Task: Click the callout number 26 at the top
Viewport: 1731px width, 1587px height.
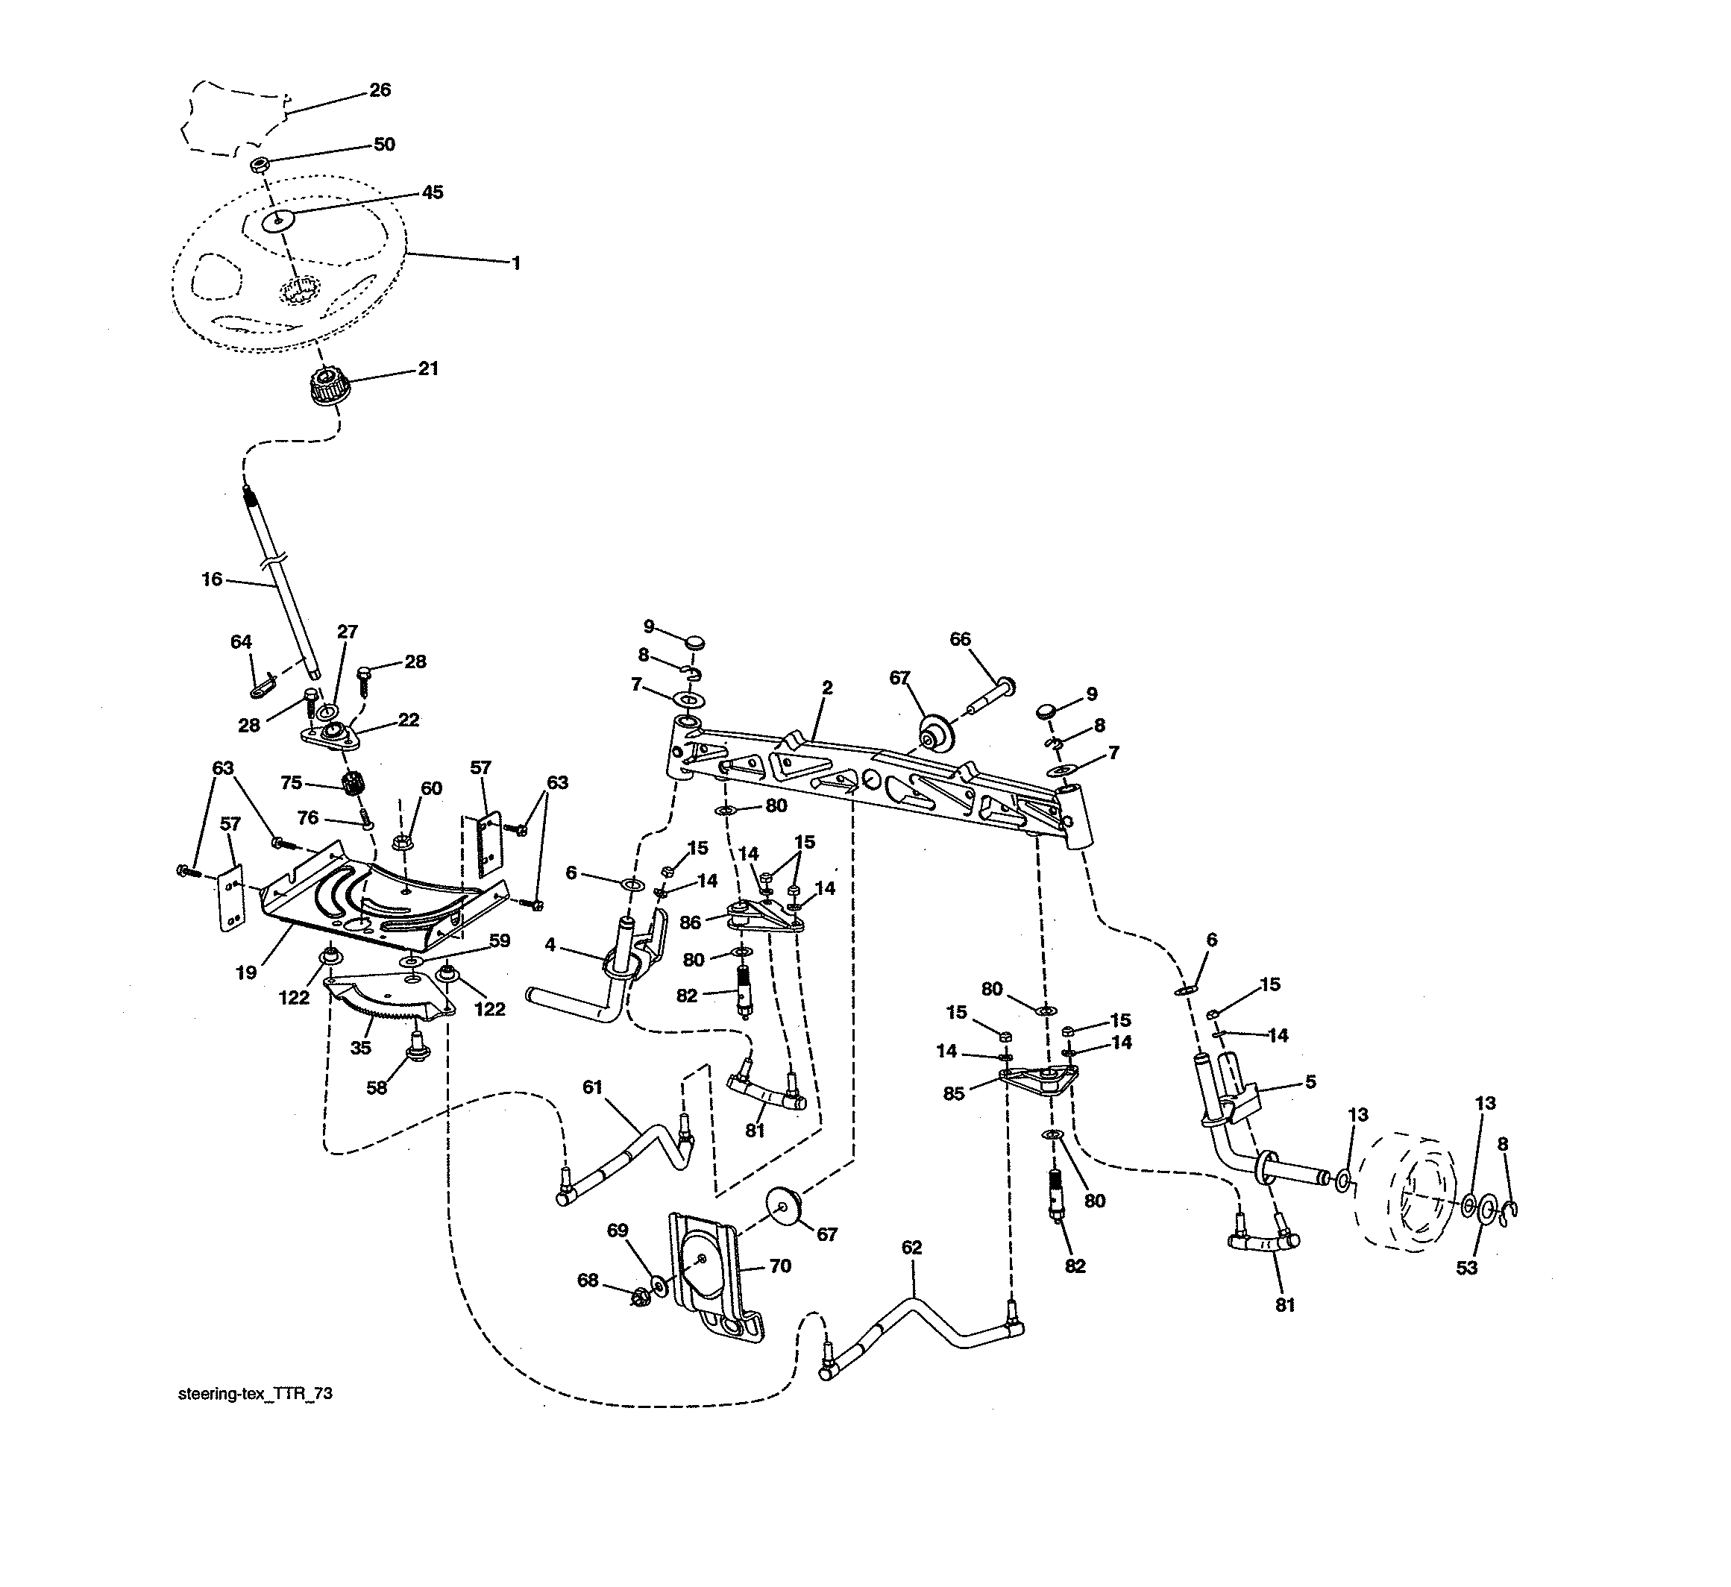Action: [380, 90]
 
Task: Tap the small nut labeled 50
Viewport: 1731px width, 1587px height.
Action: [260, 164]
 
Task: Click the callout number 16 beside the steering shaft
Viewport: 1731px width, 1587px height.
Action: [212, 579]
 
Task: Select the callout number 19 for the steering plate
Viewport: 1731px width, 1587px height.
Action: [246, 973]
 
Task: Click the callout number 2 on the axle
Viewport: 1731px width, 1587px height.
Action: [827, 688]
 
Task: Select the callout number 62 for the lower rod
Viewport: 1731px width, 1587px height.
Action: [912, 1248]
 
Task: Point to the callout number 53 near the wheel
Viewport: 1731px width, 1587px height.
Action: [1466, 1268]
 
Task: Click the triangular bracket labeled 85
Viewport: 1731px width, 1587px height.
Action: [1040, 1078]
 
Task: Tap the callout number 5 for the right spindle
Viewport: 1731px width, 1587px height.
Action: [1310, 1082]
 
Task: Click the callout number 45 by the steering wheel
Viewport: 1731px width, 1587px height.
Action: [432, 192]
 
